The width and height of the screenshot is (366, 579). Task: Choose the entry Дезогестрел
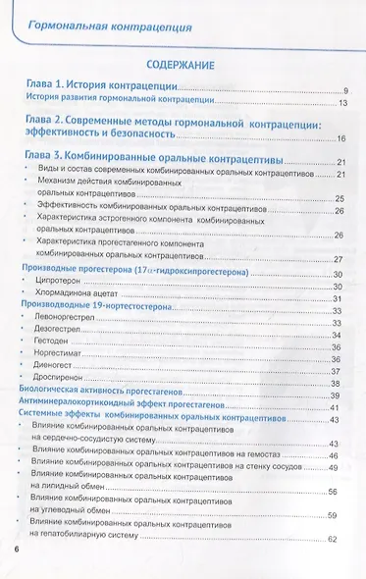(x=65, y=336)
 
